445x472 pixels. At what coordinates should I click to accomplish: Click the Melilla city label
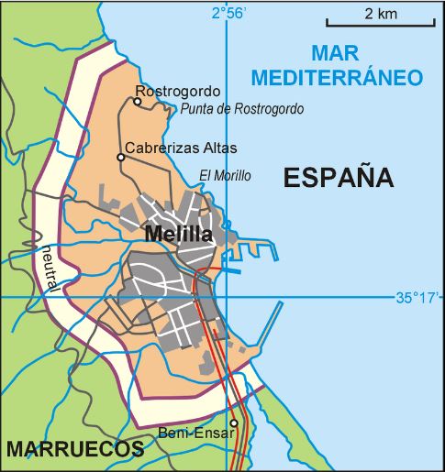[x=179, y=236]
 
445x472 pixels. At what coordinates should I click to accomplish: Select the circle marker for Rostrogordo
[x=137, y=102]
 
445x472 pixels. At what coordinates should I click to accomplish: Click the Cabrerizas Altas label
[x=181, y=148]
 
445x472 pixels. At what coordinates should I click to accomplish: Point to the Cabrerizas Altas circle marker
[x=120, y=158]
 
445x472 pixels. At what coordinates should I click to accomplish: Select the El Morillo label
[x=225, y=176]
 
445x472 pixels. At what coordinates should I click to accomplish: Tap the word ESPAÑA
[x=338, y=177]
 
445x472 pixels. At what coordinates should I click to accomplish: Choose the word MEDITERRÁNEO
[x=339, y=76]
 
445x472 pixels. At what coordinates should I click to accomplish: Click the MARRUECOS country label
[x=74, y=449]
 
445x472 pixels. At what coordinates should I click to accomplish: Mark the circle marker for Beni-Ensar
[x=233, y=423]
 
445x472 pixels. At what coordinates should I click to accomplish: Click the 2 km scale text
[x=380, y=14]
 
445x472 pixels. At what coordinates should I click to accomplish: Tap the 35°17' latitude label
[x=418, y=297]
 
